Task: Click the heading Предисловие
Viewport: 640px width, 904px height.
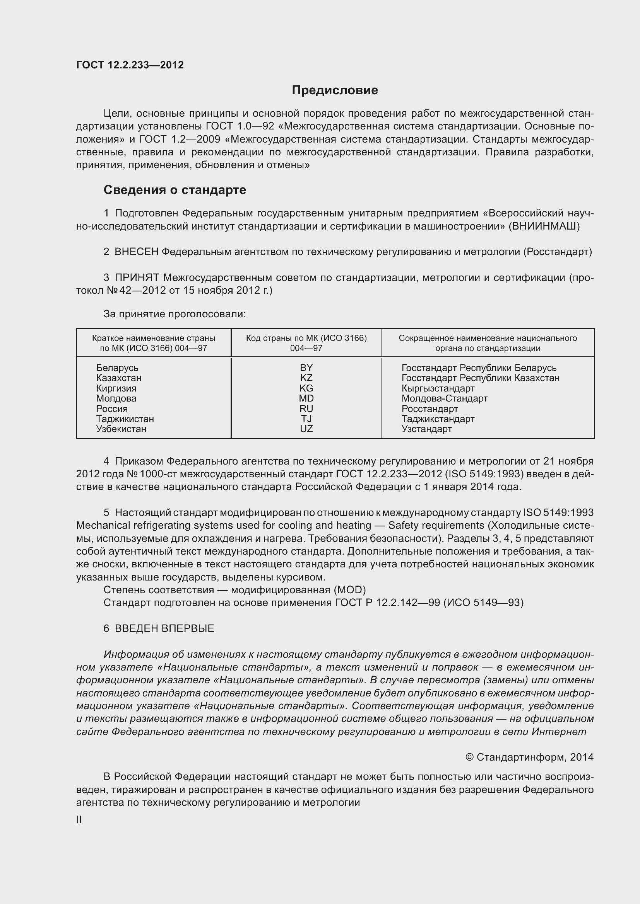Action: tap(335, 90)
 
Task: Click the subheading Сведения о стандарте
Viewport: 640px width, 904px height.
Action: tap(175, 190)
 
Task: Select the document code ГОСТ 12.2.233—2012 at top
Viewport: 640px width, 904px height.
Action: tap(130, 65)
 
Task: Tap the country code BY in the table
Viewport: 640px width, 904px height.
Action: tap(306, 368)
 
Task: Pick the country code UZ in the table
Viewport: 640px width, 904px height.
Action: tap(306, 429)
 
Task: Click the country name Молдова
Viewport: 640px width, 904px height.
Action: tap(116, 398)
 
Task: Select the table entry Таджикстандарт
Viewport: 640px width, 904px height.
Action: tap(438, 419)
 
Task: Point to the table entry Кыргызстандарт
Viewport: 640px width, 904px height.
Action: tap(438, 388)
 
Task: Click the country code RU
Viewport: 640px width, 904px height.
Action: tap(306, 409)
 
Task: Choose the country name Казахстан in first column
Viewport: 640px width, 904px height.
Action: tap(119, 378)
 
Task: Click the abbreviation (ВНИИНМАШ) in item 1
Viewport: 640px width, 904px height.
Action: tap(544, 226)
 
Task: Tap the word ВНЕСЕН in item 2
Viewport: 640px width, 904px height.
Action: tap(136, 252)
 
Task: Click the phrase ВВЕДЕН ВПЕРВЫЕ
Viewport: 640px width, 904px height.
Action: tap(164, 628)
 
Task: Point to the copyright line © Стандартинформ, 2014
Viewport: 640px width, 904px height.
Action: tap(529, 757)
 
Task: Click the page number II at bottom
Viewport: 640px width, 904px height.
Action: tap(79, 820)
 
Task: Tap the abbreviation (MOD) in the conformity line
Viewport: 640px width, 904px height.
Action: tap(349, 590)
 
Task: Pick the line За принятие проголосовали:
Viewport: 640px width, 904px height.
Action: tap(175, 314)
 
